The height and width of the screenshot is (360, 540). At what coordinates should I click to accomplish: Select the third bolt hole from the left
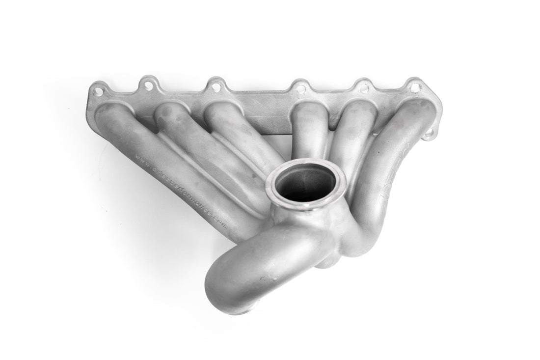click(215, 87)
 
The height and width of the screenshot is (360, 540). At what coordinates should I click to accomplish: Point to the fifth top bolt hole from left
click(364, 88)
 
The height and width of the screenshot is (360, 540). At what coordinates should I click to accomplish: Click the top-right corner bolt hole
click(415, 88)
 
